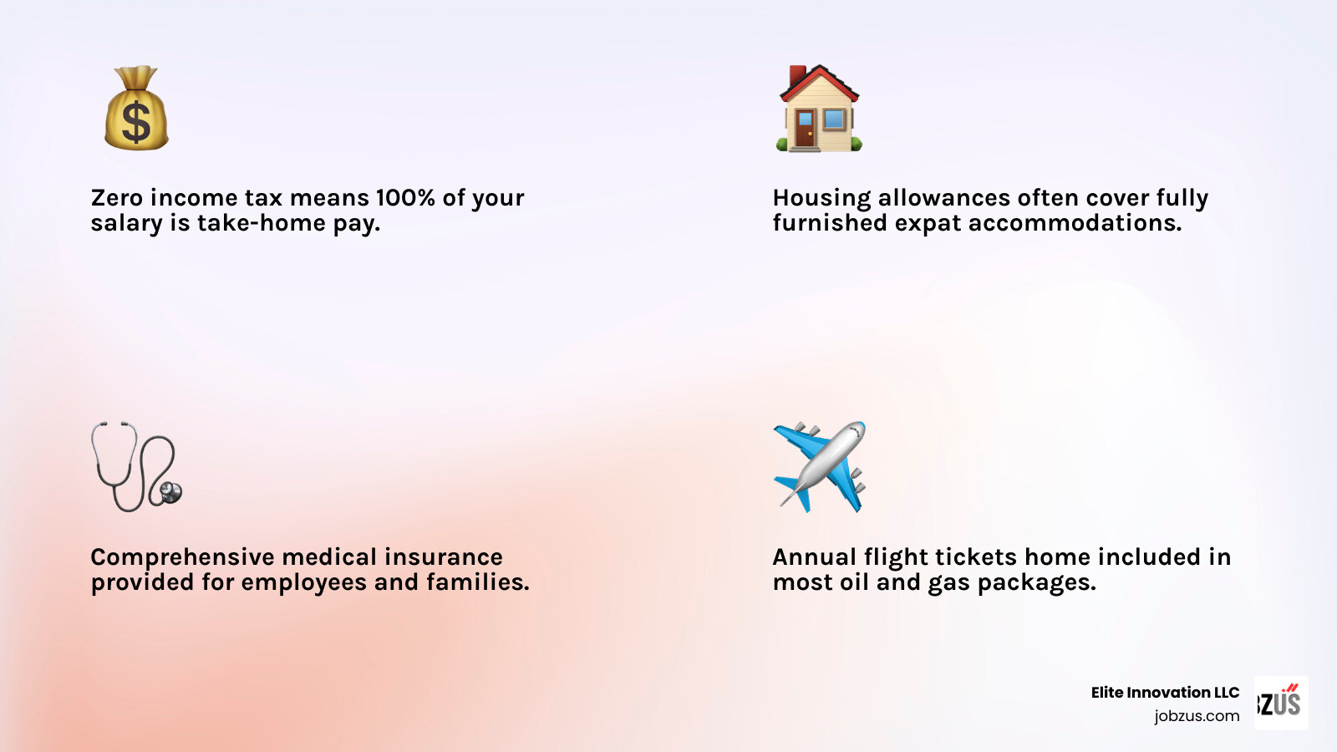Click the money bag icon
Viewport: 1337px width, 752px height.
pyautogui.click(x=136, y=109)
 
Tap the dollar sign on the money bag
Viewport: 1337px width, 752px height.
pyautogui.click(x=136, y=122)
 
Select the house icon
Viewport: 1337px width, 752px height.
pyautogui.click(x=819, y=109)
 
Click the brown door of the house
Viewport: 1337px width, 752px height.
pyautogui.click(x=804, y=130)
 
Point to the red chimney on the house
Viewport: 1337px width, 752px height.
pyautogui.click(x=797, y=75)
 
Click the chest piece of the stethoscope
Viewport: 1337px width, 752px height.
pyautogui.click(x=170, y=492)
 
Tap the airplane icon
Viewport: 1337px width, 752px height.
pyautogui.click(x=820, y=466)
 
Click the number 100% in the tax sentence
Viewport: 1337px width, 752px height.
pyautogui.click(x=405, y=198)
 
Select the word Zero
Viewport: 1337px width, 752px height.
pyautogui.click(x=117, y=198)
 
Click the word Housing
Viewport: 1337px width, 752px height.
pyautogui.click(x=821, y=198)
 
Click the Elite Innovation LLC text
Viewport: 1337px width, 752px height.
pyautogui.click(x=1165, y=693)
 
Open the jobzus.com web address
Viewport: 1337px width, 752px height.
pyautogui.click(x=1197, y=716)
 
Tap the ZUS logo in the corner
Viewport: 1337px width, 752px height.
pyautogui.click(x=1281, y=703)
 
